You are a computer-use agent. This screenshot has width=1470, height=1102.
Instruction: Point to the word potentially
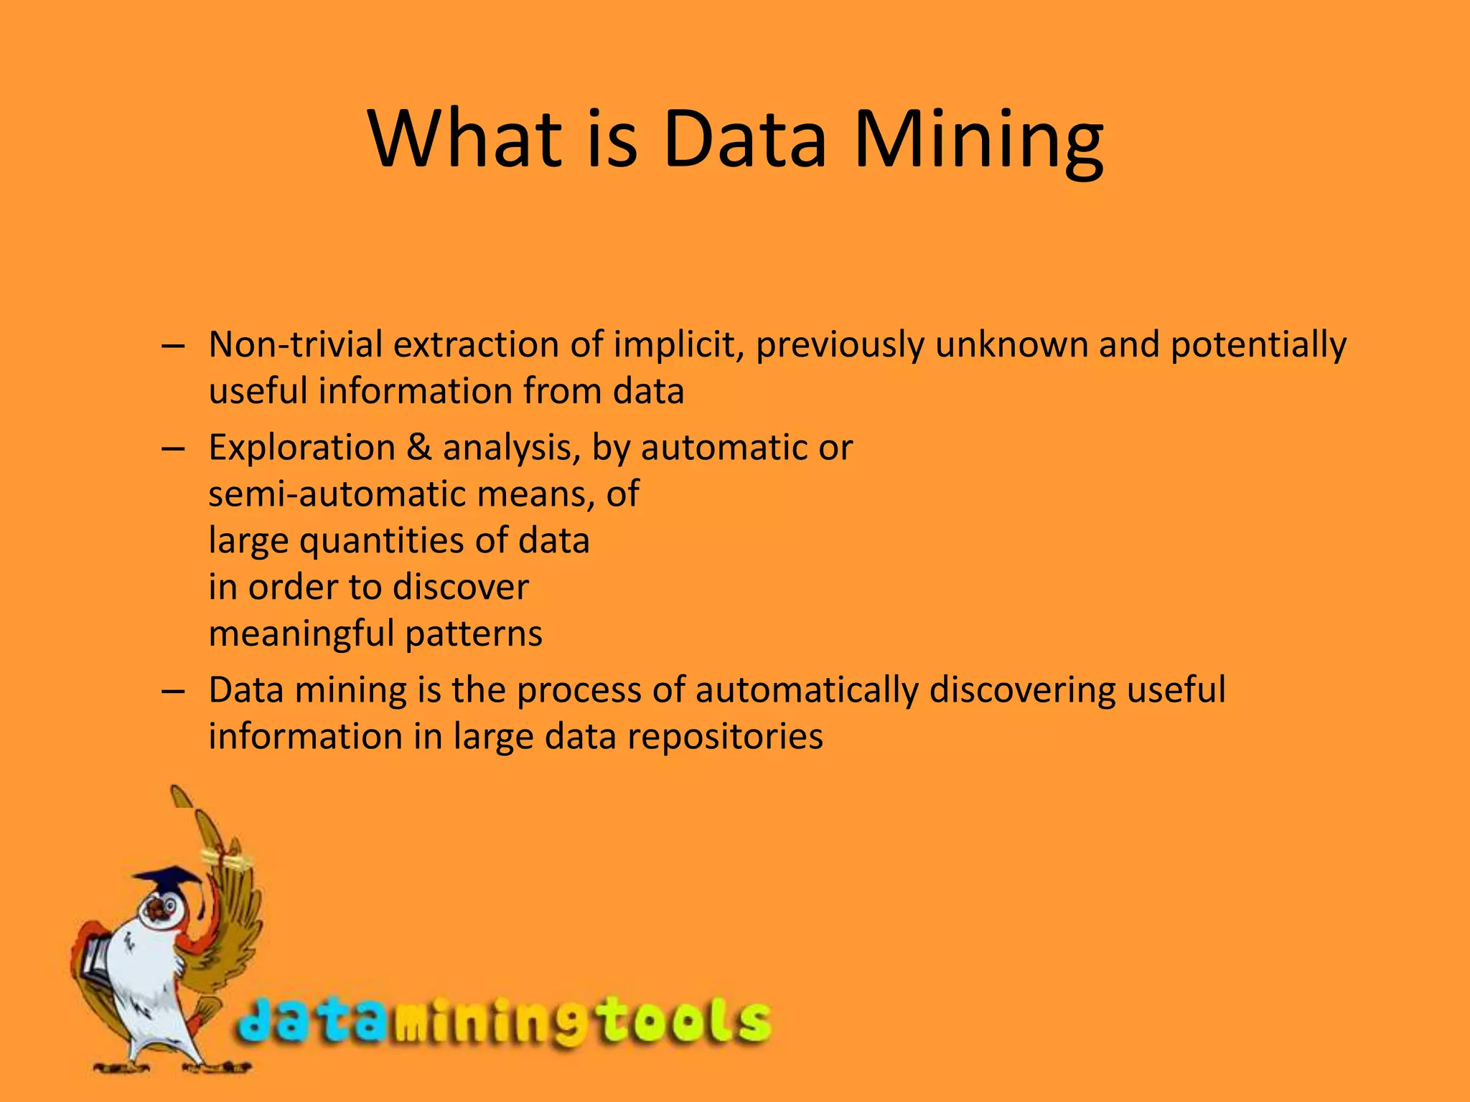[1258, 346]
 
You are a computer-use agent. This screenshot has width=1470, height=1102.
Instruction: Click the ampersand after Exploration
[419, 448]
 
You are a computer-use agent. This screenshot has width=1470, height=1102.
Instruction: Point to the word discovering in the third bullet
[1022, 690]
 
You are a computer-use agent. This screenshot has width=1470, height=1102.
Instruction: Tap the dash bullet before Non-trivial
[174, 346]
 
